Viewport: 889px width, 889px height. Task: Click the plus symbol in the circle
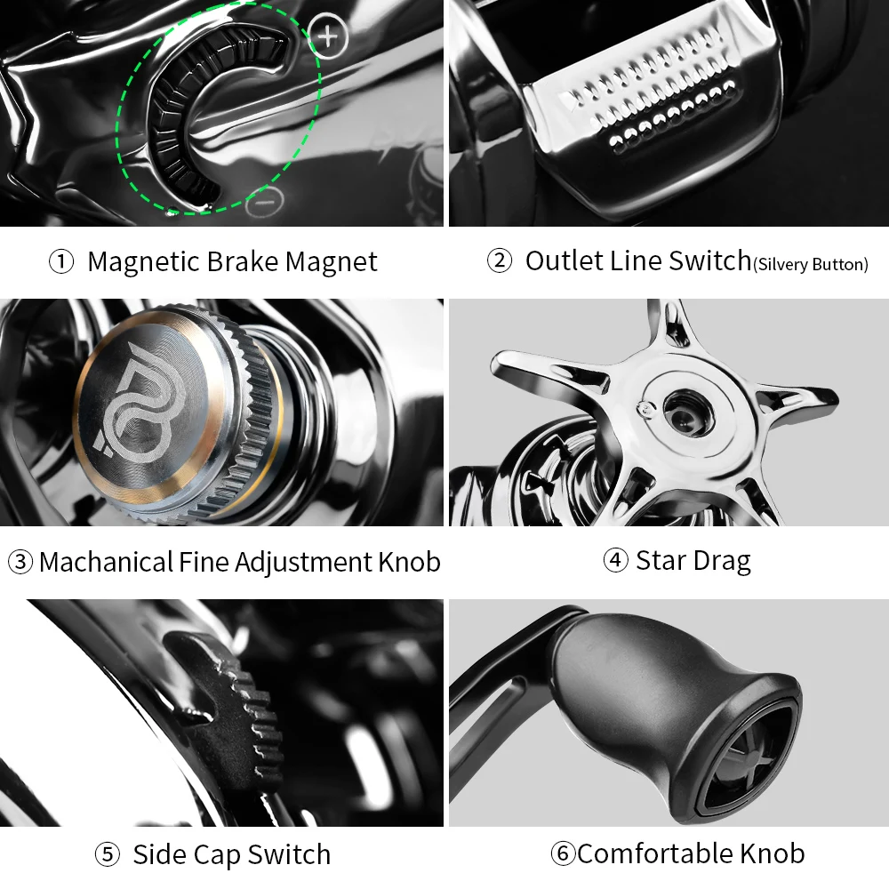(328, 36)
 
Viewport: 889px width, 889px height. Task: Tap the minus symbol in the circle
(264, 202)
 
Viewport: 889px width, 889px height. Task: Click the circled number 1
(61, 262)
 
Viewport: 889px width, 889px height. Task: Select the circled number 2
(500, 260)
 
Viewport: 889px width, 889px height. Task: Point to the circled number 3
(20, 562)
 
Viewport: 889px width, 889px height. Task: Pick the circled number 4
(616, 560)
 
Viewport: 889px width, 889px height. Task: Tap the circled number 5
(108, 854)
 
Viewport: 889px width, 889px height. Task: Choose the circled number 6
(563, 853)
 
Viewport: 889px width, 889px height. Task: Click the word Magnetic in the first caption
(143, 263)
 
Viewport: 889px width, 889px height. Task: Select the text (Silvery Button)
(811, 264)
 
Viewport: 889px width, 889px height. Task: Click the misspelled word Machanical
(106, 563)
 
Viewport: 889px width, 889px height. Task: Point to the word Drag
(722, 561)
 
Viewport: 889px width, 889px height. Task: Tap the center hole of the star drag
(687, 412)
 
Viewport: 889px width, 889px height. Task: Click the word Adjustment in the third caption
(303, 563)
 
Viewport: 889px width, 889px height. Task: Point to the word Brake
(242, 262)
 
